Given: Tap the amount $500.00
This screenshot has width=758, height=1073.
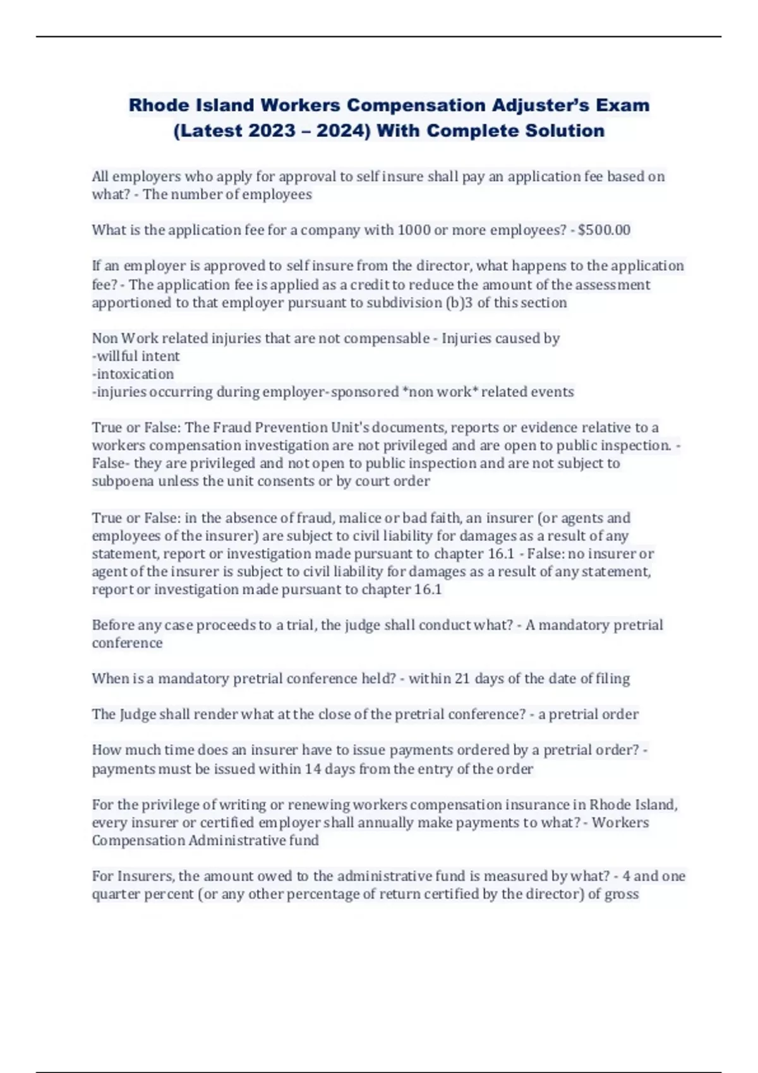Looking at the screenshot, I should pyautogui.click(x=604, y=230).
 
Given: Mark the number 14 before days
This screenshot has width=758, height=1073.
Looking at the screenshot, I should pyautogui.click(x=313, y=769).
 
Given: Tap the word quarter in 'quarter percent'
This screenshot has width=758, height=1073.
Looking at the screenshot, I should pyautogui.click(x=114, y=894).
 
